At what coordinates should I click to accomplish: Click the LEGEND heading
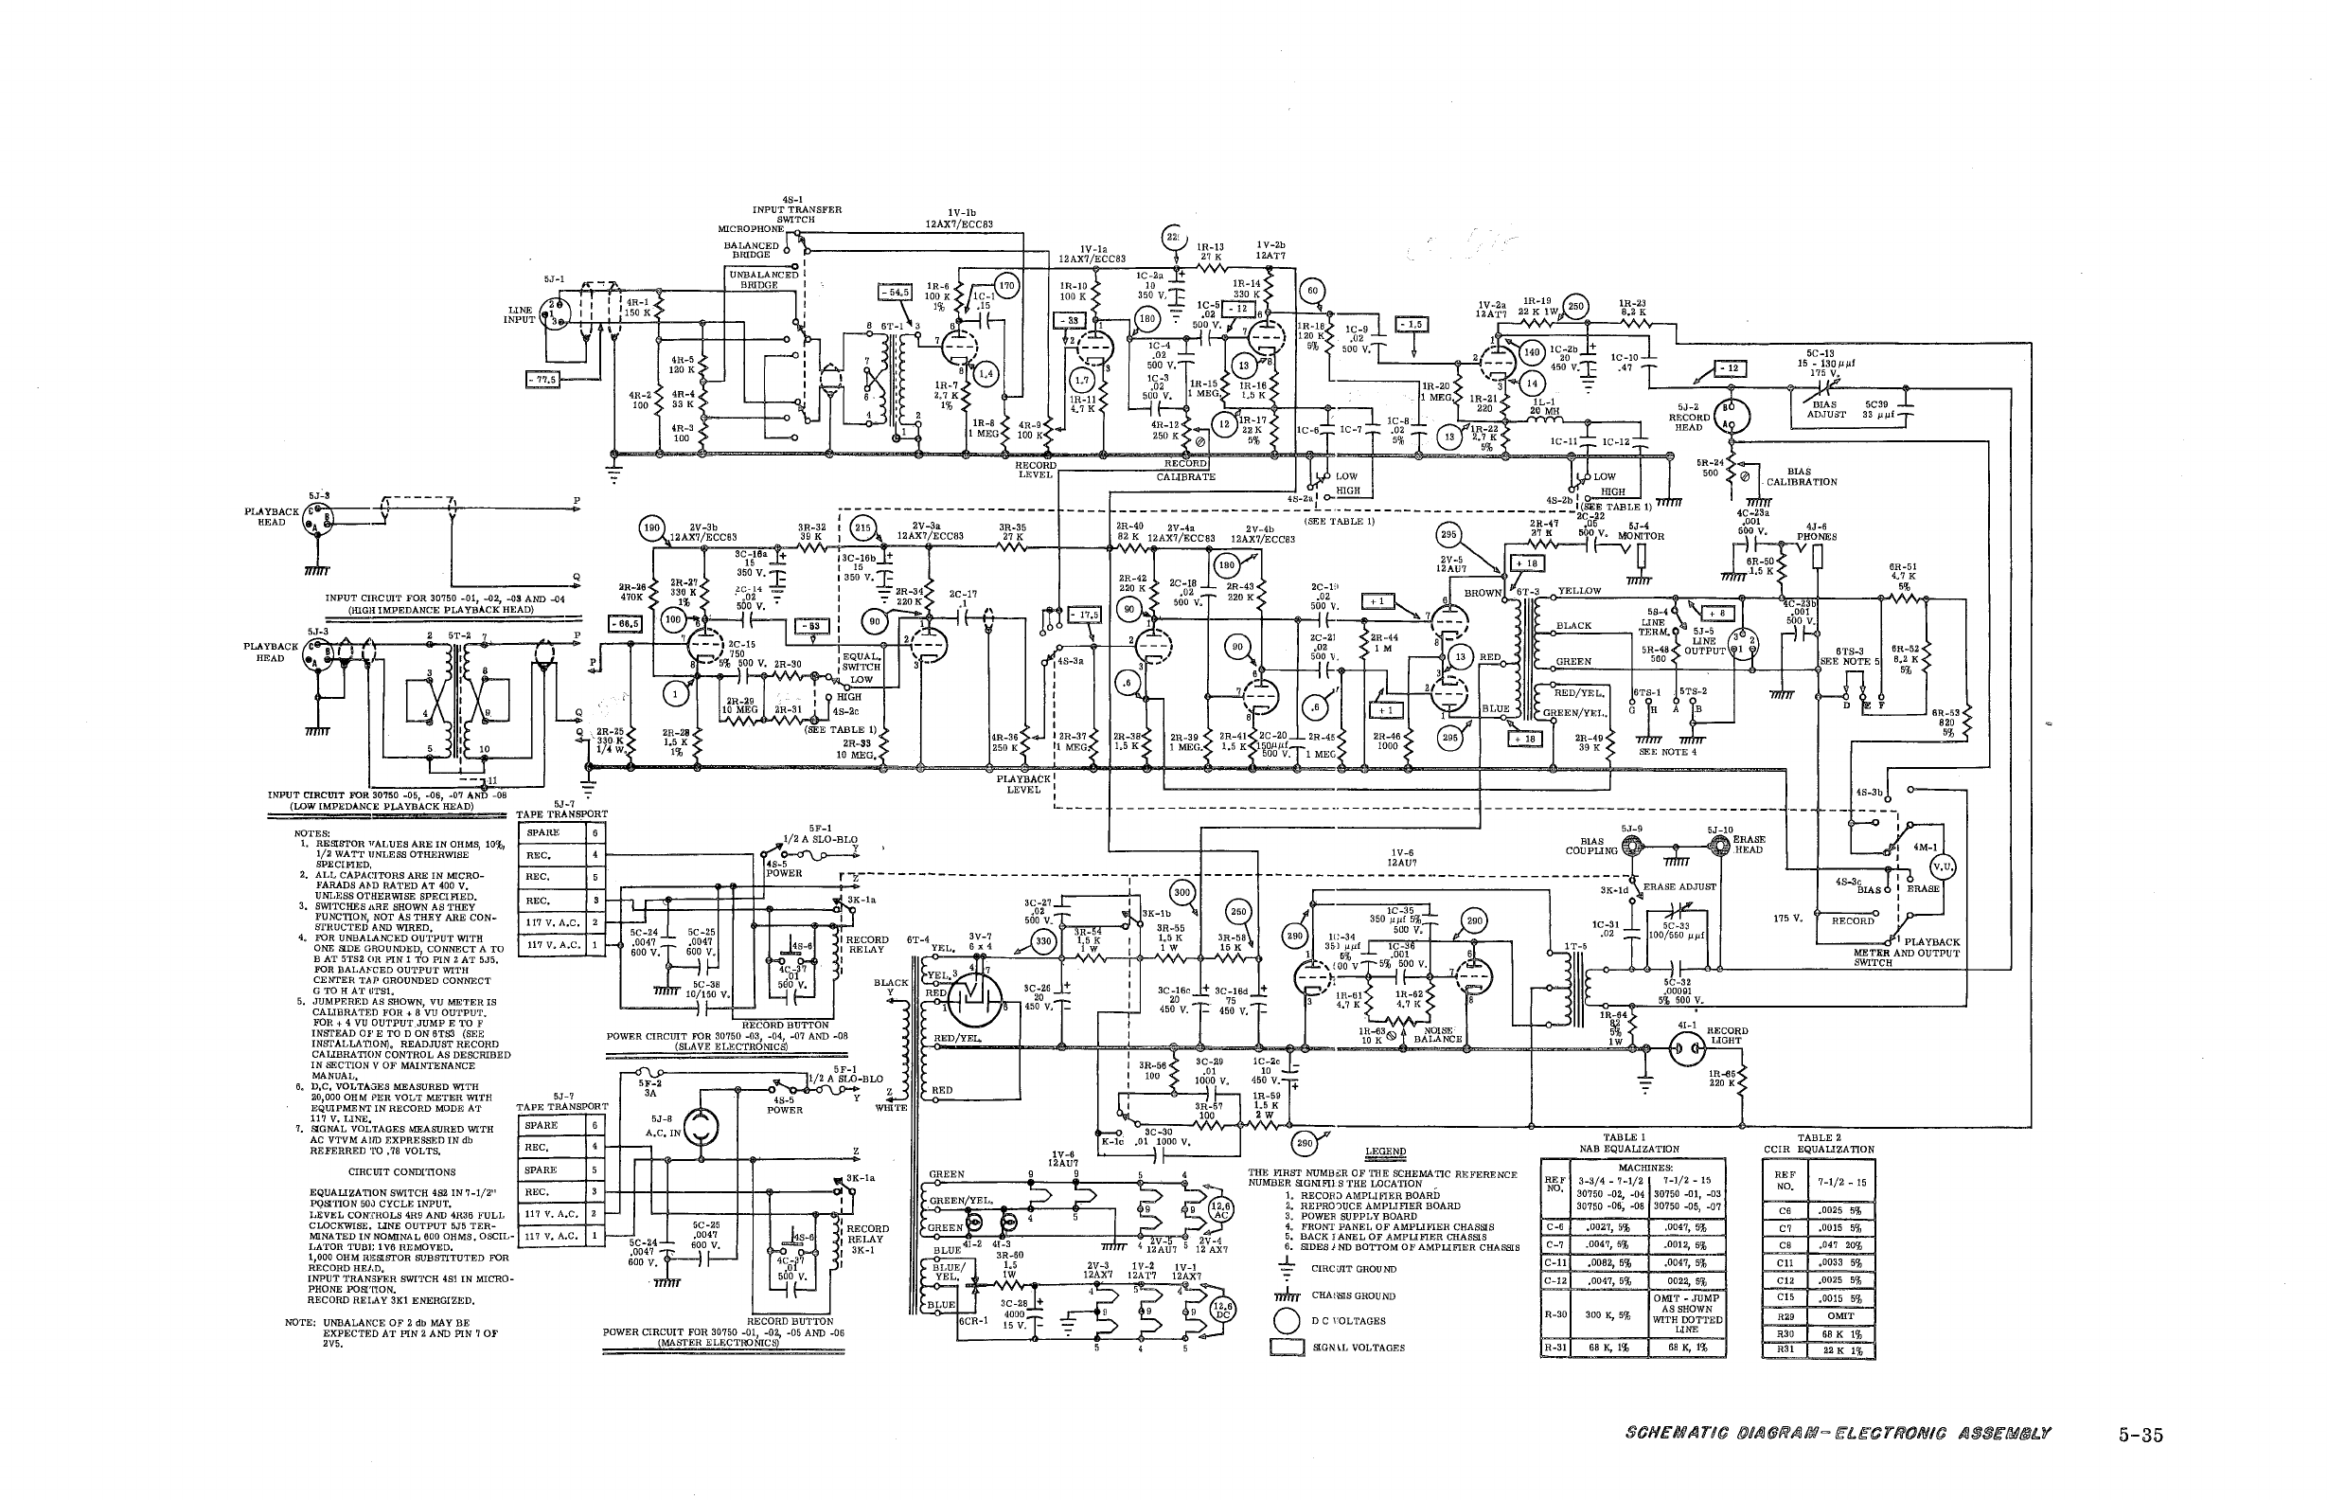coord(1384,1152)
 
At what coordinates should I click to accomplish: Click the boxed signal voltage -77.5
coord(542,379)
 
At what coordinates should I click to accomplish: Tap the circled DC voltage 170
coord(1006,285)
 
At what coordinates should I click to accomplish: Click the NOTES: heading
coord(312,832)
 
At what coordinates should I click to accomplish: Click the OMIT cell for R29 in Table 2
coord(1840,1315)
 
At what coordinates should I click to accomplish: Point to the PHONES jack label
coord(1817,537)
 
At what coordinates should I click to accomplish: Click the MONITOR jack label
coord(1641,537)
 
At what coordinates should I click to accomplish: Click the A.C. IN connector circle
coord(700,1128)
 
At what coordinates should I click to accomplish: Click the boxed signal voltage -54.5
coord(894,291)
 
